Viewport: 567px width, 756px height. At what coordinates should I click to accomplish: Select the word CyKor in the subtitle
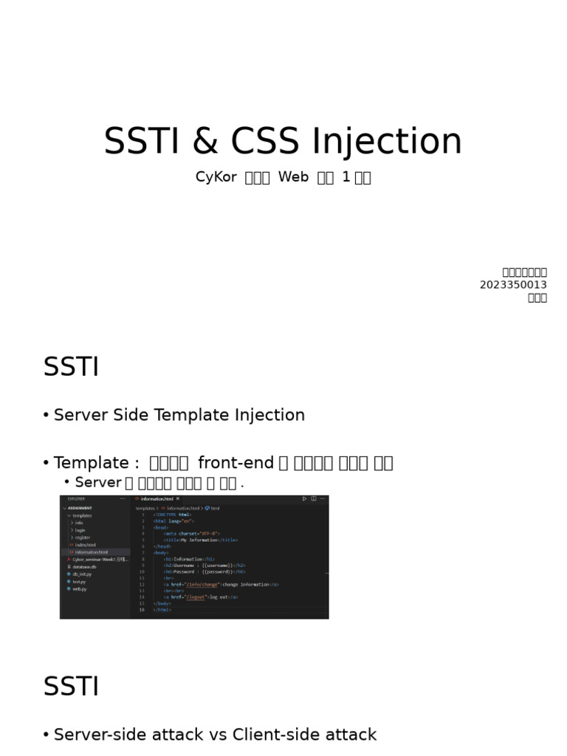[215, 177]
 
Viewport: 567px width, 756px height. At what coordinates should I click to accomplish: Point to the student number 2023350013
[513, 285]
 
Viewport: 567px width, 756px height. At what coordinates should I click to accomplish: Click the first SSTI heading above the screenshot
[71, 367]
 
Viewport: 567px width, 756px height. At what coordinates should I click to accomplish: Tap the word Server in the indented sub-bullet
[98, 482]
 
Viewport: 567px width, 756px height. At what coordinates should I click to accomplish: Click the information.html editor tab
[157, 499]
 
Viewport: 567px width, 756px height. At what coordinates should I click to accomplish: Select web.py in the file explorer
[79, 589]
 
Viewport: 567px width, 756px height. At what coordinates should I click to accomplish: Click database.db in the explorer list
[86, 566]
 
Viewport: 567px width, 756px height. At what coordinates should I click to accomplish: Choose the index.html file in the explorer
[85, 545]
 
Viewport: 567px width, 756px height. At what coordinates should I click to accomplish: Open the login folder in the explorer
[80, 530]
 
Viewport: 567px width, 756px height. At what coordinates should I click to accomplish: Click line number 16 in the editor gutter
[142, 610]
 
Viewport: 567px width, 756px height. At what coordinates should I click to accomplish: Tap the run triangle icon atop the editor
[304, 499]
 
